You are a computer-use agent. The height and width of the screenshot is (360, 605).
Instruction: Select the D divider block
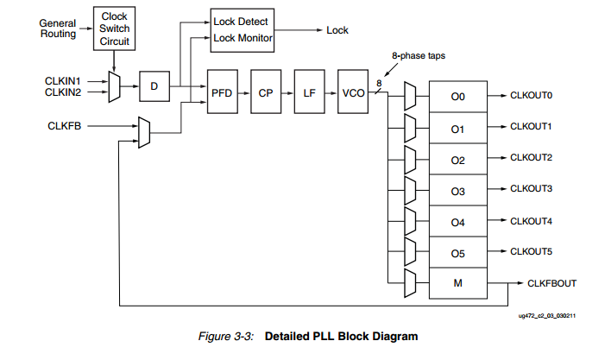click(x=154, y=86)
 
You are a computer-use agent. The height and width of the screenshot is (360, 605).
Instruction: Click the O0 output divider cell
click(x=457, y=97)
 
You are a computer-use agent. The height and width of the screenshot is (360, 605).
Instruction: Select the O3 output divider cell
click(x=457, y=191)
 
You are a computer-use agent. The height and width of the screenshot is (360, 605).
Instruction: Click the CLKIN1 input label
click(x=62, y=80)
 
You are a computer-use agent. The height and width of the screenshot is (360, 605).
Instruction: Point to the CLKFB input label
click(x=65, y=126)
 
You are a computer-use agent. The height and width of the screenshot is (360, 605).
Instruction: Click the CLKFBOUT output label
click(x=551, y=283)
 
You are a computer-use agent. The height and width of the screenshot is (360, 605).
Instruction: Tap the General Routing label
click(x=58, y=28)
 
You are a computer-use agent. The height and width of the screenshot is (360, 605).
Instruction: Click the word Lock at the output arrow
click(x=337, y=30)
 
